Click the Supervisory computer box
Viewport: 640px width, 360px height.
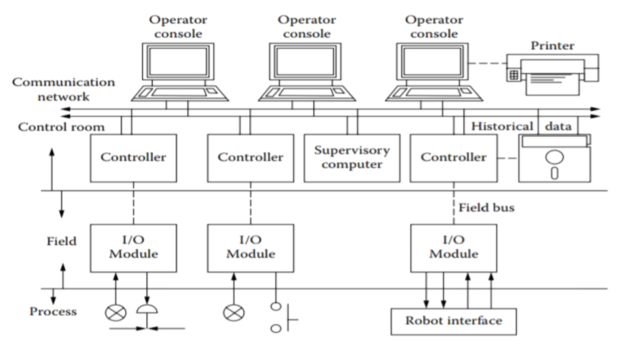352,157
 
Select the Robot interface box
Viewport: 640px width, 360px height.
453,320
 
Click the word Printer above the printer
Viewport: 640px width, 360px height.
552,46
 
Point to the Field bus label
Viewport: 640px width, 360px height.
486,207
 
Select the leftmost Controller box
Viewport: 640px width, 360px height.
133,157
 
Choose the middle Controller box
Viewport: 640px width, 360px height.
250,157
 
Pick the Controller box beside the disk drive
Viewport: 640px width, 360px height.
453,157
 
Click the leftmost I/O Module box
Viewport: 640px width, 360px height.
133,247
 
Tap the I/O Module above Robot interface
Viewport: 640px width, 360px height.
453,247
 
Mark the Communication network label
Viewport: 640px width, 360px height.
63,89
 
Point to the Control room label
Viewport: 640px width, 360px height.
61,127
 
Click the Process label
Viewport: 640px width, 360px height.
53,311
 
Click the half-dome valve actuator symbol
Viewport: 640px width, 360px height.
147,310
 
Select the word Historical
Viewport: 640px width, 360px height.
502,126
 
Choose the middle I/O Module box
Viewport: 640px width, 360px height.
250,247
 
